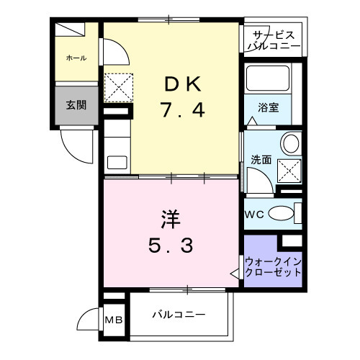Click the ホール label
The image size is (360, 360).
(75, 57)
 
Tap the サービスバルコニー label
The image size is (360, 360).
(272, 40)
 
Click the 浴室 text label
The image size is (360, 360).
(269, 107)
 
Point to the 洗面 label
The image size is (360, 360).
(261, 159)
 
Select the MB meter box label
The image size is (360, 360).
(114, 320)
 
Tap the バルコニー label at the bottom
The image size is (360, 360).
(179, 315)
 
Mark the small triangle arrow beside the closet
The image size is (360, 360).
(235, 274)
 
